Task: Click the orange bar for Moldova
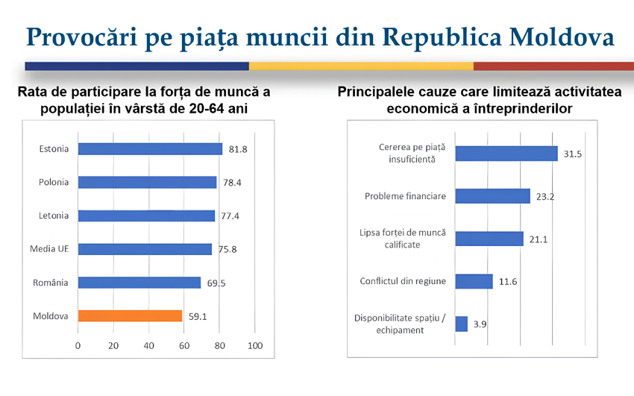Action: tap(130, 316)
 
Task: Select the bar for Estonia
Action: tap(150, 149)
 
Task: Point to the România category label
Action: tap(51, 283)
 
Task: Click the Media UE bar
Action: tap(145, 249)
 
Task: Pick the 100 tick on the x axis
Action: tap(256, 346)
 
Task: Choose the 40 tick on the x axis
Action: tap(149, 346)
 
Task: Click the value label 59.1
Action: tap(198, 316)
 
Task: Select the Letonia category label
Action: tap(54, 216)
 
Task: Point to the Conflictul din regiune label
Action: tap(403, 281)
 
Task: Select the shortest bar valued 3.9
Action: tap(461, 324)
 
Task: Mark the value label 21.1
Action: tap(539, 239)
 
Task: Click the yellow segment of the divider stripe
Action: tap(361, 66)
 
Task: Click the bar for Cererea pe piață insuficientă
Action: tap(506, 154)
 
